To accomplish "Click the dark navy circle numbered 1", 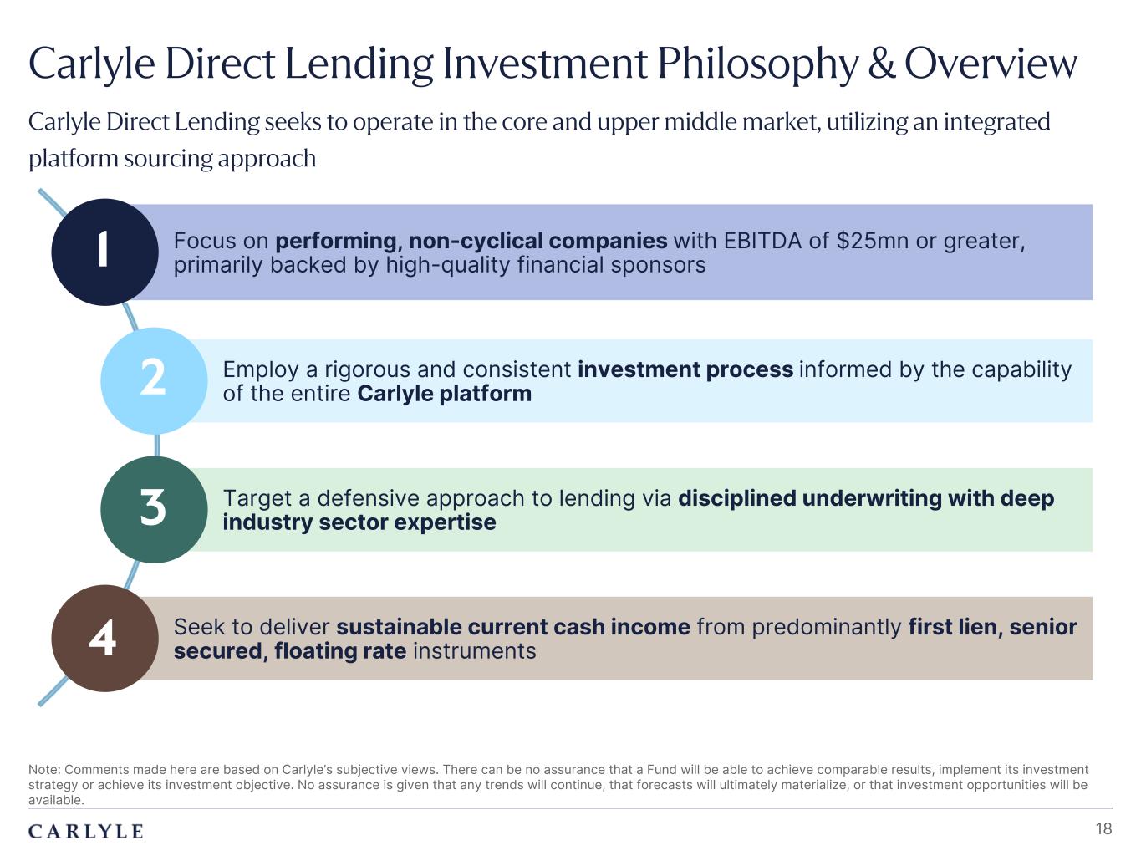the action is [104, 252].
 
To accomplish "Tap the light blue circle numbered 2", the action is [154, 381].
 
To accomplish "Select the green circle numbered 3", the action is [154, 509].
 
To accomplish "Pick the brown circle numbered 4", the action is [104, 638].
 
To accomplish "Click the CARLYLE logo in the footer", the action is [86, 831].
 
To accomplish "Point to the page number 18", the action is [1103, 828].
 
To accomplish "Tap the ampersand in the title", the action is [882, 64].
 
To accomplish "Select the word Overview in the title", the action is [991, 64].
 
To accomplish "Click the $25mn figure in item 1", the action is [873, 241].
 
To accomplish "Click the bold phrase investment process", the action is [685, 369].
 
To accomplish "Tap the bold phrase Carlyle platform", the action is [445, 394].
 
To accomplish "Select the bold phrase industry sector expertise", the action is [359, 522].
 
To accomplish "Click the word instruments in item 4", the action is [474, 650].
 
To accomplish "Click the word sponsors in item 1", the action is [658, 266].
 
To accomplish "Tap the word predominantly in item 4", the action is [826, 627].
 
